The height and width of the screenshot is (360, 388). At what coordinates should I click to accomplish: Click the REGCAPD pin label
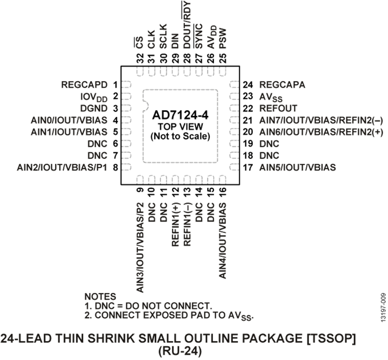tap(84, 85)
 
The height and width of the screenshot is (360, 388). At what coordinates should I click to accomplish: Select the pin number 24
tap(248, 85)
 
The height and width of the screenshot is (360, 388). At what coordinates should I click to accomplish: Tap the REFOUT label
tap(278, 108)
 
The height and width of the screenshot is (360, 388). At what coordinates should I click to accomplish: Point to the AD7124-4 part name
tap(180, 115)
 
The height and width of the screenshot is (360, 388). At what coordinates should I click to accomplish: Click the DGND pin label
tap(94, 108)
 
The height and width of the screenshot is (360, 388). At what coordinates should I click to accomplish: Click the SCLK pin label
tap(163, 36)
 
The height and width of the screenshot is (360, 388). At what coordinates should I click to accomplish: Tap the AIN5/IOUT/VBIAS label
tap(297, 167)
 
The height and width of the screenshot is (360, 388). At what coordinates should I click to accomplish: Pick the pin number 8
tap(115, 168)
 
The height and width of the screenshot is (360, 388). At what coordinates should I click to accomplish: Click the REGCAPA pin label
tap(282, 85)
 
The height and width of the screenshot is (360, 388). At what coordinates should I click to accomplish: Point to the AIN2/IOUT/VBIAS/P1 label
tap(62, 167)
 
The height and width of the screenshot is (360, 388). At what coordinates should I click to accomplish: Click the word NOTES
tap(100, 297)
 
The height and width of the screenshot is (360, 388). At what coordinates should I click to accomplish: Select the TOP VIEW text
tap(180, 126)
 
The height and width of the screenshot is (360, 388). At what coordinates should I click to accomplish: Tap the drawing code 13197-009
tap(383, 307)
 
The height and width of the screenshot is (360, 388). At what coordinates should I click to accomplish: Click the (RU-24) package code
tap(179, 351)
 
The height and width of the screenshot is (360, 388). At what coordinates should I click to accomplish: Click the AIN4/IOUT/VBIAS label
tap(223, 241)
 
